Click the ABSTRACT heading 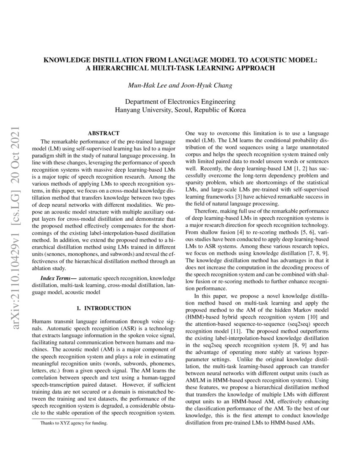click(x=103, y=133)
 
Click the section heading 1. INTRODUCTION click(x=103, y=308)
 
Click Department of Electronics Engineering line click(x=180, y=102)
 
